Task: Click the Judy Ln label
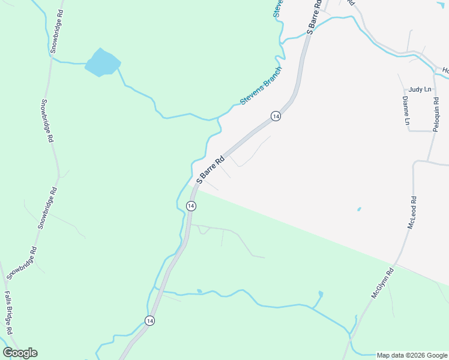click(420, 89)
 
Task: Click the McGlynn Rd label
click(382, 283)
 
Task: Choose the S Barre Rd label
click(211, 170)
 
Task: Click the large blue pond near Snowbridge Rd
click(102, 62)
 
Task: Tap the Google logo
click(20, 353)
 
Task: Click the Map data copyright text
click(412, 355)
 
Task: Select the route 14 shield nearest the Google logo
click(149, 321)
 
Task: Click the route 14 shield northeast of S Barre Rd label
click(276, 116)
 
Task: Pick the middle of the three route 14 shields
click(191, 206)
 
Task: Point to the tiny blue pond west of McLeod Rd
click(359, 209)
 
